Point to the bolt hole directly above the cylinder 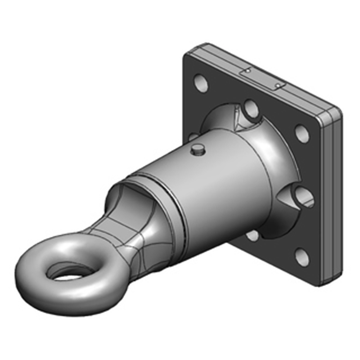[250, 108]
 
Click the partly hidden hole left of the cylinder [193, 136]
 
